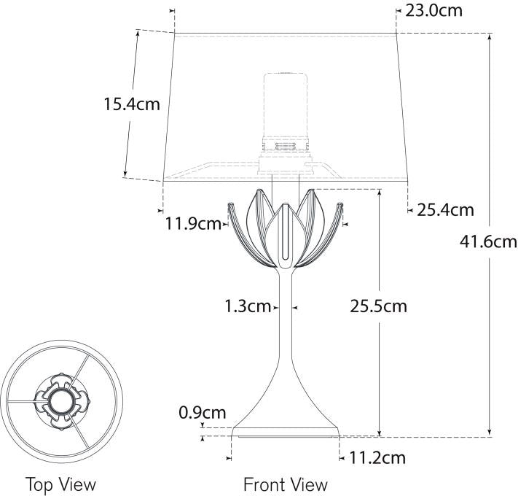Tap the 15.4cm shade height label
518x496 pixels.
pyautogui.click(x=131, y=104)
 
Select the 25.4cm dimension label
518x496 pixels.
pyautogui.click(x=445, y=211)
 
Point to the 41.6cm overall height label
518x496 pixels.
pyautogui.click(x=489, y=241)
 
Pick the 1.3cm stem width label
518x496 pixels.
pyautogui.click(x=248, y=306)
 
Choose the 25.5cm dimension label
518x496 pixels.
pyautogui.click(x=378, y=306)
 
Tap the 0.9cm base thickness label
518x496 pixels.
pyautogui.click(x=202, y=414)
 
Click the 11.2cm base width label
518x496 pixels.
pyautogui.click(x=377, y=458)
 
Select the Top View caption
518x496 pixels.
pyautogui.click(x=60, y=484)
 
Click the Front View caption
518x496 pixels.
pyautogui.click(x=286, y=484)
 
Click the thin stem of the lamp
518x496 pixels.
pyautogui.click(x=286, y=314)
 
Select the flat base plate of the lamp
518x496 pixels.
pyautogui.click(x=286, y=433)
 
